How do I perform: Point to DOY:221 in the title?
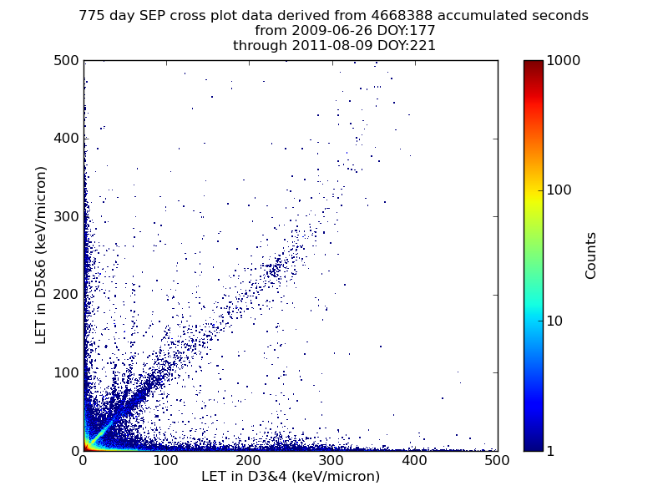[405, 46]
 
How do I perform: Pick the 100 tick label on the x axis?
[165, 460]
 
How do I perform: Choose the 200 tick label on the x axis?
[249, 460]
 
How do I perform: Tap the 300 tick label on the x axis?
[331, 460]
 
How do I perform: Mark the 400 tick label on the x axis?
[414, 460]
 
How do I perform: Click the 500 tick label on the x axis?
[497, 460]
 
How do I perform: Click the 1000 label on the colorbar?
[564, 61]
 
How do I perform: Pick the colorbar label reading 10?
[555, 321]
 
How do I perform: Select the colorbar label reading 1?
[551, 451]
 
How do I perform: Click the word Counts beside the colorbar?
[591, 255]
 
